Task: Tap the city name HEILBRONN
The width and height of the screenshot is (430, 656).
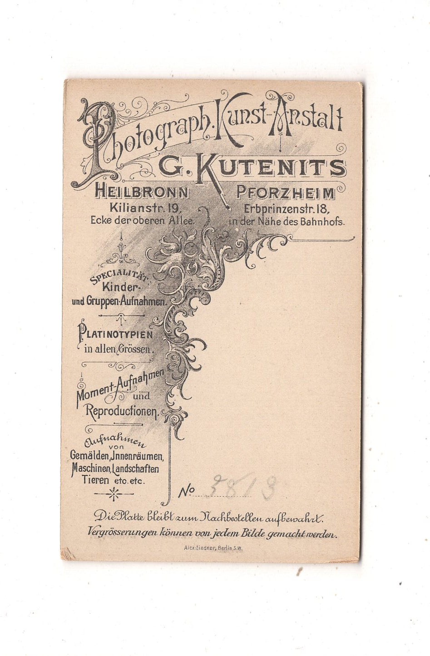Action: pos(141,193)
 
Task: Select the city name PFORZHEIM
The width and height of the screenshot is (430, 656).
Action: pos(286,193)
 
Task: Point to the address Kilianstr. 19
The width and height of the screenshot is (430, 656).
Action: pos(146,209)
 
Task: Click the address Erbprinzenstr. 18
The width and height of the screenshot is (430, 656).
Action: pos(287,209)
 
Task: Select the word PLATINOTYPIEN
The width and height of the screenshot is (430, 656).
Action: pos(116,335)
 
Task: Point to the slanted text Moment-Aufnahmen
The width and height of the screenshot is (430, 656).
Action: pos(119,386)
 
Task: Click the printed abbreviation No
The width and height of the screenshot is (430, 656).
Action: pos(187,491)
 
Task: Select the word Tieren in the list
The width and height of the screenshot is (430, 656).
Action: pos(96,480)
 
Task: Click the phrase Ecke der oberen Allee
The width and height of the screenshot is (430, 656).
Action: pos(142,221)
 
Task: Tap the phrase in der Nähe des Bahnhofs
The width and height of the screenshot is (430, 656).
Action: pos(287,222)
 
